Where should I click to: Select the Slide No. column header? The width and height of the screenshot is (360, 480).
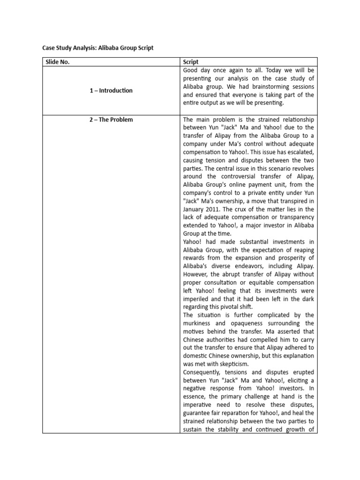[57, 62]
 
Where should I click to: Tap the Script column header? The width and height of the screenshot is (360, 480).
[191, 62]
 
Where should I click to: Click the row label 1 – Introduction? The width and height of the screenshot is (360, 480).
[111, 90]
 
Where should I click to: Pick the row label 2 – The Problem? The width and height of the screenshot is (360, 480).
[111, 120]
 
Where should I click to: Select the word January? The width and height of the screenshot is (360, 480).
[195, 209]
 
